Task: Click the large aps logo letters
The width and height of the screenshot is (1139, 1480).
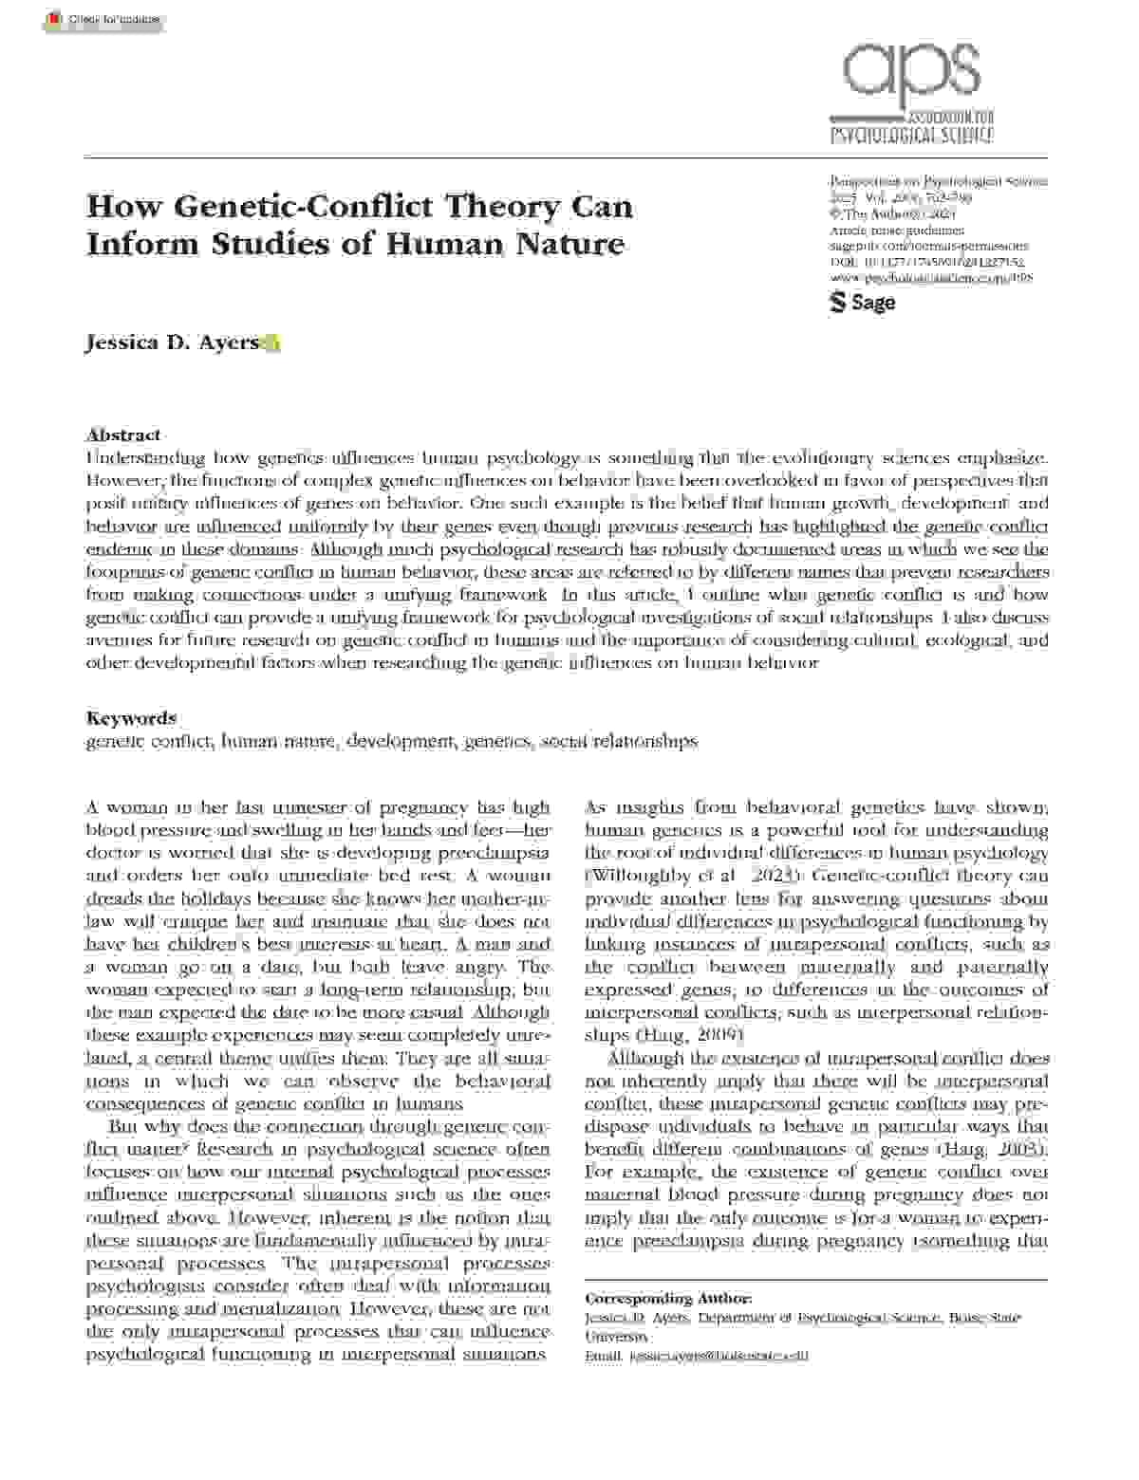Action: pos(911,70)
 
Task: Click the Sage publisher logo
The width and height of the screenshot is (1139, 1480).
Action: pos(863,303)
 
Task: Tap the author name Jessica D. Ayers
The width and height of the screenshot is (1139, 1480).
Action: pos(172,342)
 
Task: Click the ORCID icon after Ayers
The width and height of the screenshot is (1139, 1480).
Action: pos(271,343)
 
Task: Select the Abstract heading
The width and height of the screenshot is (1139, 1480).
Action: pos(123,435)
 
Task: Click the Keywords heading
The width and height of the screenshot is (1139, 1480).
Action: pos(131,718)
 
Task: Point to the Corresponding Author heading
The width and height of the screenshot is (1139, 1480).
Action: pos(668,1299)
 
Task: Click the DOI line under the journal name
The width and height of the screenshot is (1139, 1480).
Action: pos(926,262)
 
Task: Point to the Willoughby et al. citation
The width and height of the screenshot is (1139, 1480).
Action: pos(655,876)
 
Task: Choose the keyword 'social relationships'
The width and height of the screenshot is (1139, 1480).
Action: pos(619,741)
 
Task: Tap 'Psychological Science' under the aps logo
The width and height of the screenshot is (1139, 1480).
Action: pos(911,134)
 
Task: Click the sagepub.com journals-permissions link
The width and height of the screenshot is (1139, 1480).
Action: pos(928,246)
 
